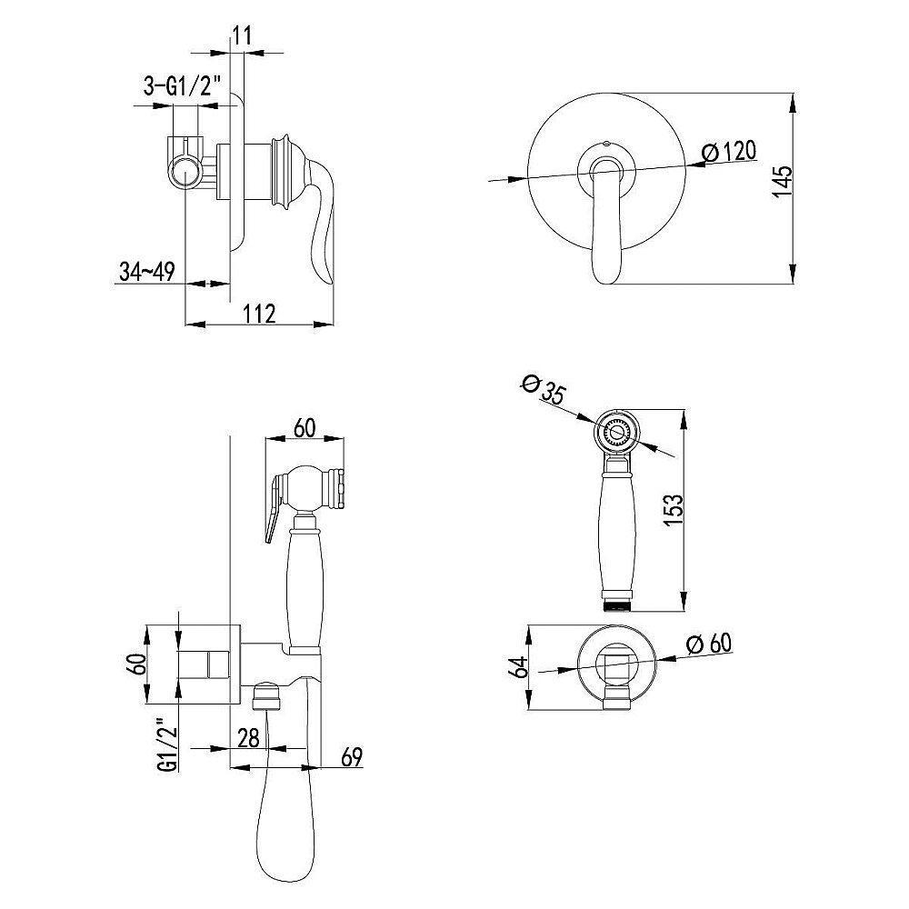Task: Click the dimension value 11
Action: (243, 35)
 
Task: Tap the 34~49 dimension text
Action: (146, 271)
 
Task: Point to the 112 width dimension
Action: (258, 314)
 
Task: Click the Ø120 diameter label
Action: (729, 152)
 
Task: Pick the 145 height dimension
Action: (784, 182)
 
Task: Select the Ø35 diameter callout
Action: (543, 389)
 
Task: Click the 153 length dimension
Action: (674, 510)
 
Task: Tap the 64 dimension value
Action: (518, 666)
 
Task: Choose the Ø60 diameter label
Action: (708, 644)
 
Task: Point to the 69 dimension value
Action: (351, 757)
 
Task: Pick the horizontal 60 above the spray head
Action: (305, 428)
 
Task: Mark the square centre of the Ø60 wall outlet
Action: (616, 665)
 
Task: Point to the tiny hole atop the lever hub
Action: (605, 142)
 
